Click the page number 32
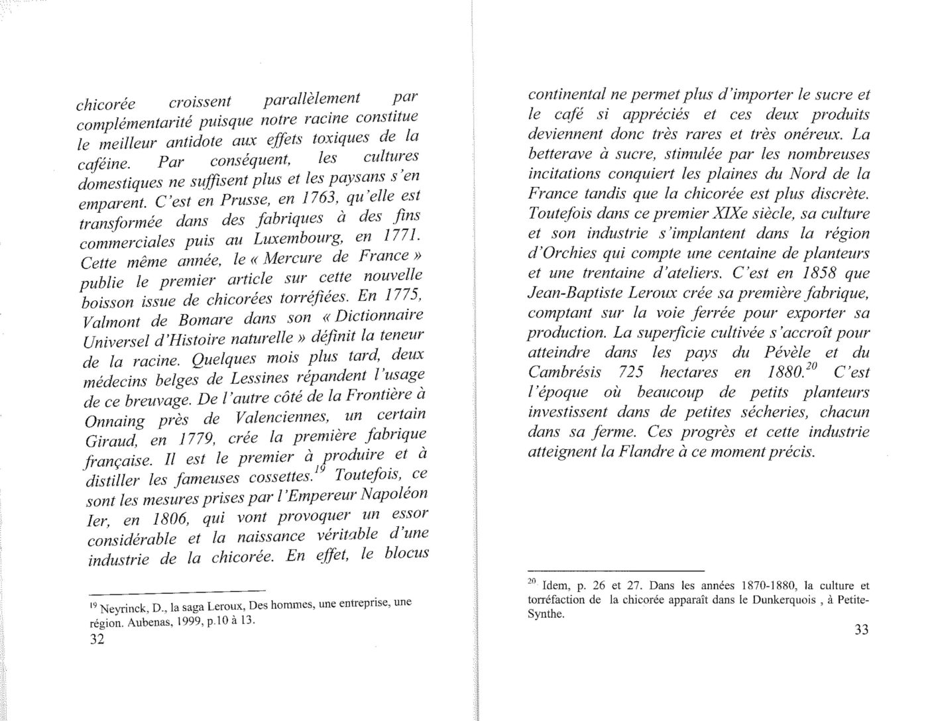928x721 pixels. click(97, 640)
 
